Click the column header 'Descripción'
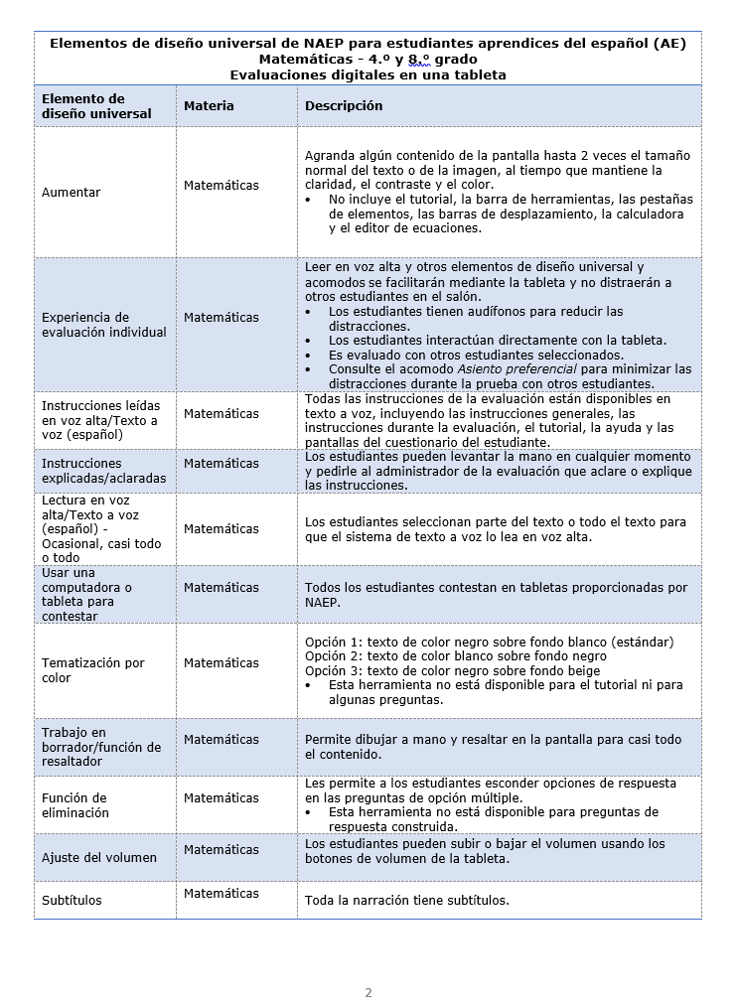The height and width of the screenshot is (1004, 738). click(x=344, y=106)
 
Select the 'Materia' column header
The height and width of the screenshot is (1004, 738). click(x=209, y=106)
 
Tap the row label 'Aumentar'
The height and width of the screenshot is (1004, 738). click(x=72, y=193)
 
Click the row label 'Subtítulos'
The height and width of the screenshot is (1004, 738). click(x=72, y=901)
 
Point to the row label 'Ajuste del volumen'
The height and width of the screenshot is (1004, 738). click(x=99, y=858)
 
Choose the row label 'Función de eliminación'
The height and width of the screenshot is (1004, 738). click(x=75, y=805)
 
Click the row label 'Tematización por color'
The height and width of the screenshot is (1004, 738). click(x=92, y=670)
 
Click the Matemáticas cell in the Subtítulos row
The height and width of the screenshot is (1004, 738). click(x=221, y=894)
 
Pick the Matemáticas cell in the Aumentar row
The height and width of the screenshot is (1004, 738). click(x=221, y=186)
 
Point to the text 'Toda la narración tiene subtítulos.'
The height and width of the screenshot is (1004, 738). click(x=407, y=901)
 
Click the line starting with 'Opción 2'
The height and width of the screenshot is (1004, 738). click(x=456, y=656)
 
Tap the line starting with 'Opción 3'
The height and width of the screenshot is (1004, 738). click(x=452, y=670)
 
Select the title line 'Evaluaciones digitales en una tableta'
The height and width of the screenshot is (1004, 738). click(x=368, y=74)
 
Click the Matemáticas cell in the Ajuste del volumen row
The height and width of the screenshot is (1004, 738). click(x=221, y=850)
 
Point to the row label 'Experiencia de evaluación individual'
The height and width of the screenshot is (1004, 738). click(x=104, y=325)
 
